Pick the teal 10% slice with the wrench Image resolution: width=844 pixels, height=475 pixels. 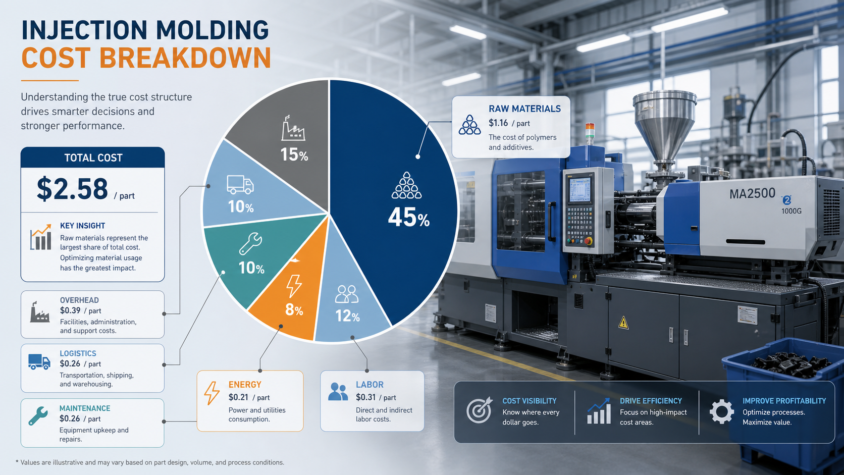(256, 256)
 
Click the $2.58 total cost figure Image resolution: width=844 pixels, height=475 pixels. (72, 189)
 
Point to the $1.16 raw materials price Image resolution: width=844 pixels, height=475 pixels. (498, 123)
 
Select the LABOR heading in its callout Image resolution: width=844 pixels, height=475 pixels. (370, 385)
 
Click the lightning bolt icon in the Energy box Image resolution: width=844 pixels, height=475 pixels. (212, 393)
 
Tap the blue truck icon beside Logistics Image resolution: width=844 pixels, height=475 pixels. (39, 361)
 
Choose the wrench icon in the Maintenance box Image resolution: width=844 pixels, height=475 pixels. (38, 416)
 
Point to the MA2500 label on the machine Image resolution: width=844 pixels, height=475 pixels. (752, 194)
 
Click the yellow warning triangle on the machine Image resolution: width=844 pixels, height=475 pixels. (623, 323)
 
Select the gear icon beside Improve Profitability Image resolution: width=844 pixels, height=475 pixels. (721, 411)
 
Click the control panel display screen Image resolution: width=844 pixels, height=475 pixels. (580, 190)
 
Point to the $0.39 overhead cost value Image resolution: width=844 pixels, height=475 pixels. (70, 310)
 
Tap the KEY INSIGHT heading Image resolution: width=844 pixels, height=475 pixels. (82, 226)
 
